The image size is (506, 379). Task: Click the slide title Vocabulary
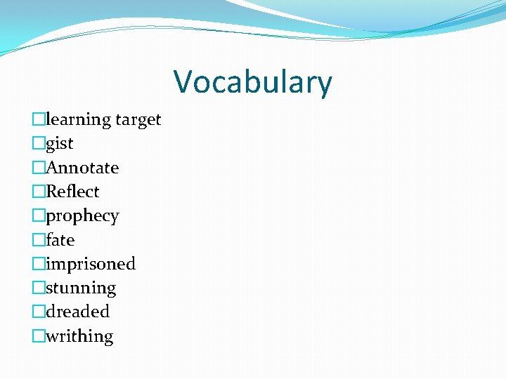pos(253,81)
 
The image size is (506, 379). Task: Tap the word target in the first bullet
pos(138,120)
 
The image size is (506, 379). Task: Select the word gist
pos(60,144)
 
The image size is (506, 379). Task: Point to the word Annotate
pos(82,168)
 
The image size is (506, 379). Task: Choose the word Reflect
pos(72,192)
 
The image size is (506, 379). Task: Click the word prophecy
pos(82,216)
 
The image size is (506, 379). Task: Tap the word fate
pos(60,240)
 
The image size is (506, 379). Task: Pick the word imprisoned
pos(91,264)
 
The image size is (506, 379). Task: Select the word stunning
pos(81,288)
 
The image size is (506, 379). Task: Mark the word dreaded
pos(77,312)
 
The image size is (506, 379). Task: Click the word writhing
pos(79,336)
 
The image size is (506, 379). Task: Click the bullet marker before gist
pos(39,144)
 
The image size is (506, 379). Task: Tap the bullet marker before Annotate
pos(39,168)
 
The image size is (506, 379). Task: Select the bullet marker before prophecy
pos(39,216)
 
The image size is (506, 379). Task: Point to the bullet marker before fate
pos(39,240)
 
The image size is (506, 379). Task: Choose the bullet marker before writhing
pos(39,336)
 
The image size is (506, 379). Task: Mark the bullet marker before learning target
pos(39,120)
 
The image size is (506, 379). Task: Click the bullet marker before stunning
pos(39,288)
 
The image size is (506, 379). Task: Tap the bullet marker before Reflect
pos(39,192)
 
